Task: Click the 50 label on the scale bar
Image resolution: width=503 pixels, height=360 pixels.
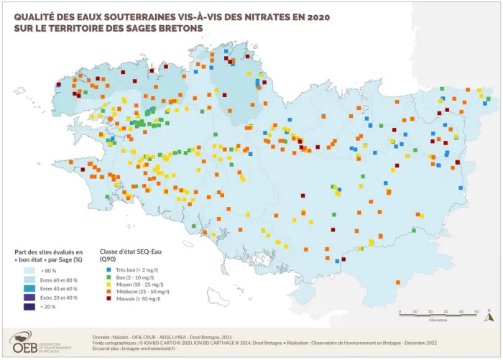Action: coord(476,311)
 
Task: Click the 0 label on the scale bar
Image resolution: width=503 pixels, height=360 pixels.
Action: coord(400,311)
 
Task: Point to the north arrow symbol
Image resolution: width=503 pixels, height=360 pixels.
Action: coord(489,314)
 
